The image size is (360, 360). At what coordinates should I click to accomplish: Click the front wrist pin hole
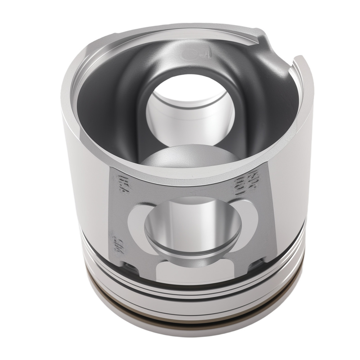[193, 227]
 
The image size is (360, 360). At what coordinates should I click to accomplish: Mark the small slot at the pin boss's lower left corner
[130, 267]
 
